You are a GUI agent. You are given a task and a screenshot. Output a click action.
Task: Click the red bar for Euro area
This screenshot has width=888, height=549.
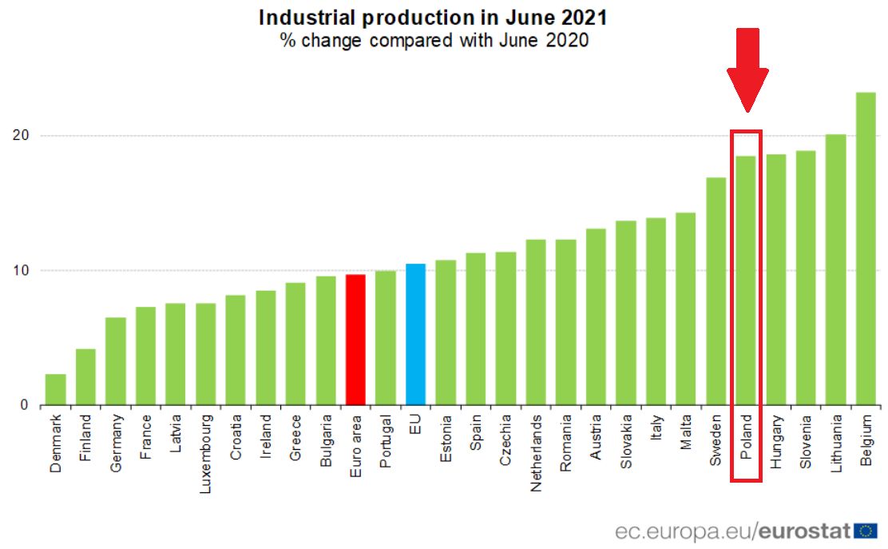coord(355,340)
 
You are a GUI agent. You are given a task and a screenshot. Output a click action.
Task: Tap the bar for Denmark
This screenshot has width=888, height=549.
coord(55,389)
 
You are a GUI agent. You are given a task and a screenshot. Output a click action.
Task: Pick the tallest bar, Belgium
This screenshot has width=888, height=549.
coord(865,249)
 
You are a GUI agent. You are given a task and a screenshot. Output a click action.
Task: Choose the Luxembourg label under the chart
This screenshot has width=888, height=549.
coord(205,452)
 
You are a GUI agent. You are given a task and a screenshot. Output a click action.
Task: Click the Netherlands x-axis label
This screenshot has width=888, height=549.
coord(535,452)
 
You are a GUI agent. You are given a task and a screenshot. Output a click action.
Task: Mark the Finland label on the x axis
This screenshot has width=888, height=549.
coord(85,438)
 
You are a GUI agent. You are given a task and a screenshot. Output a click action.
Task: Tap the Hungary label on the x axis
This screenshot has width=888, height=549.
coord(775,441)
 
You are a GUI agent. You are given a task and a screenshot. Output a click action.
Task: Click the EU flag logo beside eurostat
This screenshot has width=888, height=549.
coord(865,530)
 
